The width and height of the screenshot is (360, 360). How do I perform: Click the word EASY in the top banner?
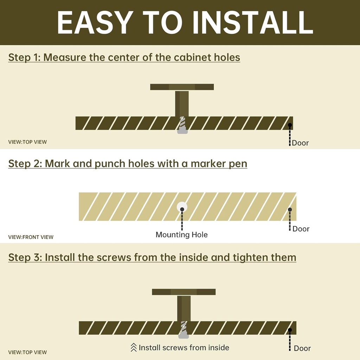pyautogui.click(x=95, y=22)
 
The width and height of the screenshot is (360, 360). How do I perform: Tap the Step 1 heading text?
pyautogui.click(x=124, y=57)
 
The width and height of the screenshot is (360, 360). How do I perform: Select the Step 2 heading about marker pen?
pyautogui.click(x=128, y=164)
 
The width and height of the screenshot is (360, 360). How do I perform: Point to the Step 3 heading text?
pyautogui.click(x=152, y=257)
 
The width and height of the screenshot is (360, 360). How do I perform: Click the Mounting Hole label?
pyautogui.click(x=182, y=234)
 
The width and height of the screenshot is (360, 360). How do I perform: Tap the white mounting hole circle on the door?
pyautogui.click(x=182, y=207)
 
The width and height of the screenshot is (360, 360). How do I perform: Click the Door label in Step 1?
pyautogui.click(x=300, y=143)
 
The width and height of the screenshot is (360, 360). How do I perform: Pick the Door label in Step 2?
pyautogui.click(x=301, y=229)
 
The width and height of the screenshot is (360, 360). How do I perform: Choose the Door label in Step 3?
pyautogui.click(x=302, y=348)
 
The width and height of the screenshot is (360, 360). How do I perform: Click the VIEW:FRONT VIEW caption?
pyautogui.click(x=31, y=237)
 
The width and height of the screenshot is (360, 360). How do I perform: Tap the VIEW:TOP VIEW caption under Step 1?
pyautogui.click(x=27, y=142)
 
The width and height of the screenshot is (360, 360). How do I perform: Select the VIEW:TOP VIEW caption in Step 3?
pyautogui.click(x=27, y=352)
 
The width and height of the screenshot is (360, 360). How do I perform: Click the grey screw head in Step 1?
pyautogui.click(x=182, y=131)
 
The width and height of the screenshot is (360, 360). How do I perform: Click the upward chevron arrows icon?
pyautogui.click(x=134, y=347)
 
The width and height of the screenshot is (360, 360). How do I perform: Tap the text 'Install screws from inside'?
pyautogui.click(x=184, y=348)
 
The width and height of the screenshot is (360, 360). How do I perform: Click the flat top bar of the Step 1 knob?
pyautogui.click(x=182, y=87)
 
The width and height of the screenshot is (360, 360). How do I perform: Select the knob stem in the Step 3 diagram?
pyautogui.click(x=184, y=308)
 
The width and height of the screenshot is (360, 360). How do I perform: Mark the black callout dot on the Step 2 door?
pyautogui.click(x=290, y=210)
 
